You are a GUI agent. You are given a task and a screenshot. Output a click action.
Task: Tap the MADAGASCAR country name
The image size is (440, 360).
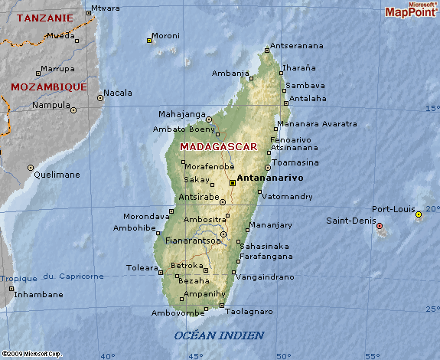click(x=218, y=146)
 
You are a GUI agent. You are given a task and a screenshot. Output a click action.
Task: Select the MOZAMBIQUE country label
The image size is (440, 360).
click(x=48, y=87)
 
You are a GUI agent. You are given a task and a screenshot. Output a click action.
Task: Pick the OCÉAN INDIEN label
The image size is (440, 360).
click(x=219, y=335)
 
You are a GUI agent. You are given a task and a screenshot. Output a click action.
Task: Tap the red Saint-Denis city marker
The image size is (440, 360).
click(x=380, y=226)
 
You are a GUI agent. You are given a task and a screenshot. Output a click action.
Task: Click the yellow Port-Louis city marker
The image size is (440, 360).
click(x=419, y=215)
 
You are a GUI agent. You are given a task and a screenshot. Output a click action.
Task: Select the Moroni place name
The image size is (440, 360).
click(x=165, y=35)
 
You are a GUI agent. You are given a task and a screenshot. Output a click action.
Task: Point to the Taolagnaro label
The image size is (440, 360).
click(x=249, y=312)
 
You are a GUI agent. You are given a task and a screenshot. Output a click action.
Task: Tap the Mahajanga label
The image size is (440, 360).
click(x=182, y=115)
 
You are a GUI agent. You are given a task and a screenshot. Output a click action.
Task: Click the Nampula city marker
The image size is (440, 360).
click(x=74, y=110)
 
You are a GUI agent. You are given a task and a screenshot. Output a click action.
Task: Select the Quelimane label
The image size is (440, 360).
click(x=57, y=175)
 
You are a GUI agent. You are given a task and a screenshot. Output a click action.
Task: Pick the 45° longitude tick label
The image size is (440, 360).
click(x=196, y=355)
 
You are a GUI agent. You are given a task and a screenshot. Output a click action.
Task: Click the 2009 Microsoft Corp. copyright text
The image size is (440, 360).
click(x=31, y=354)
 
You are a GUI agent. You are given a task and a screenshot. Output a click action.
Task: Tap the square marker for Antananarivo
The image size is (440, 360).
click(x=232, y=183)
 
